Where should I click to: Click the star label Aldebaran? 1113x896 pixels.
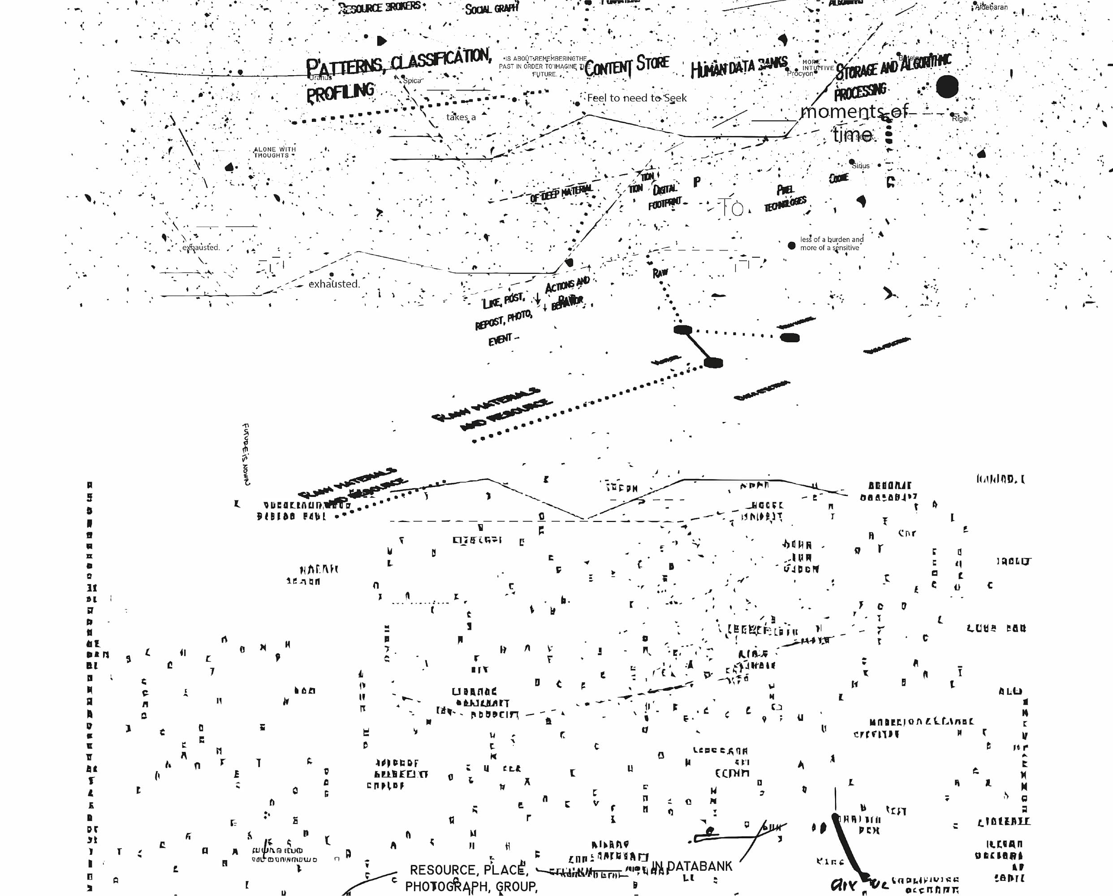[x=991, y=7]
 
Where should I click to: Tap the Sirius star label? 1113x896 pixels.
[x=861, y=166]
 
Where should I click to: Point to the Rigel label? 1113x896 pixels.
[x=960, y=119]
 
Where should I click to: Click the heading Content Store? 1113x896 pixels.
[x=626, y=65]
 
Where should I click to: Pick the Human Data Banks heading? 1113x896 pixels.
[x=739, y=67]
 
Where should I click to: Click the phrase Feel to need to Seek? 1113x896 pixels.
[x=637, y=98]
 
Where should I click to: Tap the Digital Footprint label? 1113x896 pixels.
[x=664, y=197]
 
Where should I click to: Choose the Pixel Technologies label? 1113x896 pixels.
[x=785, y=198]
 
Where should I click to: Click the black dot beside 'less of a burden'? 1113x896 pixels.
[x=791, y=245]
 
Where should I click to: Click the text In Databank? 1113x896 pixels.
[x=692, y=866]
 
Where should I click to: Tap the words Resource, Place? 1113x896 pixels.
[x=469, y=870]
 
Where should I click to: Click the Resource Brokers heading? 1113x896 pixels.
[x=380, y=8]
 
